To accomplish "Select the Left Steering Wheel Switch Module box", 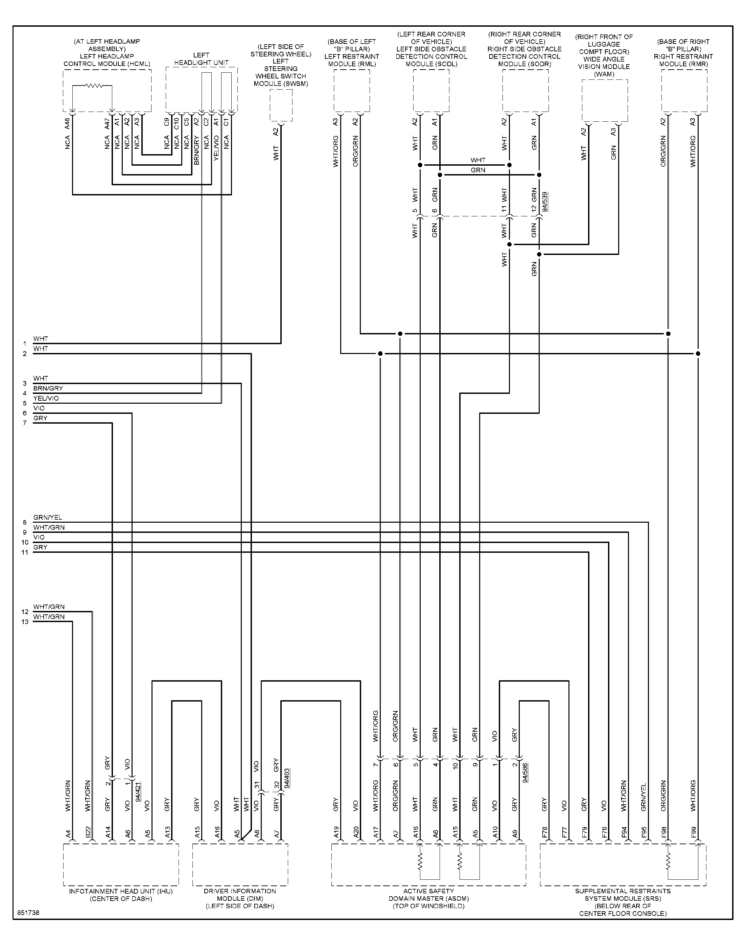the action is coord(281,105).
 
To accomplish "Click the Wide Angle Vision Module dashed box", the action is coord(605,100).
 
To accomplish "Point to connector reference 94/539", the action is coord(544,202).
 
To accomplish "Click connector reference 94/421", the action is coord(138,792).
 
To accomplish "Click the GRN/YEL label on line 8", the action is coord(48,518).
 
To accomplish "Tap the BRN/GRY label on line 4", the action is coord(48,388).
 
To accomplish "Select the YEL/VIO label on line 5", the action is coord(46,398).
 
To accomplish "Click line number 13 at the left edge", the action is coord(25,622).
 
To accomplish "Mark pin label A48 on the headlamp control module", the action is coord(67,124).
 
